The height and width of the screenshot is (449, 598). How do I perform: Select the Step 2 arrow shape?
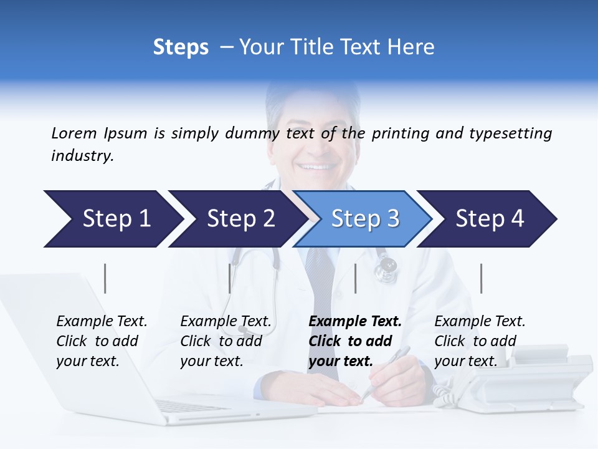coord(237,219)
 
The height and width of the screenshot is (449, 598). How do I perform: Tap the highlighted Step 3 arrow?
coord(364,219)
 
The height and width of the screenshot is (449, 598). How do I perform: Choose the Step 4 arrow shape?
coord(490,219)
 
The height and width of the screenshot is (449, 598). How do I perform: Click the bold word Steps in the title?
coord(181,47)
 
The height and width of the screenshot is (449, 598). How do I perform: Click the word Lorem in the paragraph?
coord(74,133)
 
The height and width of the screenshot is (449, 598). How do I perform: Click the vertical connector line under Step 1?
coord(105,278)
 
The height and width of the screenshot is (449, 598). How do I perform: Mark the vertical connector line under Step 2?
coord(230,278)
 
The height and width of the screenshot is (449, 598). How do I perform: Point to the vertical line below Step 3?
coord(355,278)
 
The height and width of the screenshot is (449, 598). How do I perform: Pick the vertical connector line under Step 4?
coord(481,278)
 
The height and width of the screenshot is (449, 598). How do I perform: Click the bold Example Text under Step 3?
coord(355,322)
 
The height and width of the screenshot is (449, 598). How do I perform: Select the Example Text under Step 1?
coord(102,322)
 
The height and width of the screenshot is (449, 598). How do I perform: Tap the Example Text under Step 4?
coord(480,322)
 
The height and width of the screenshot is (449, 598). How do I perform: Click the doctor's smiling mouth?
coord(317,167)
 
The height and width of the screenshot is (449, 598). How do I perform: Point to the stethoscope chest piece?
coord(387,266)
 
